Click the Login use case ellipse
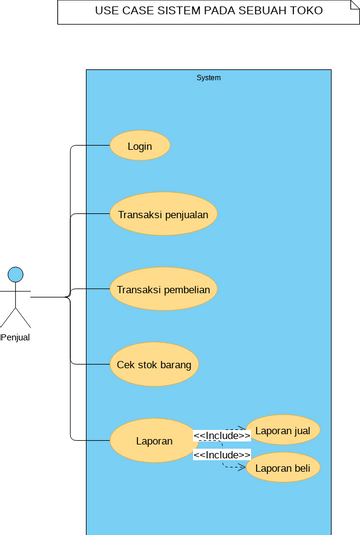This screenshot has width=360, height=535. point(140,146)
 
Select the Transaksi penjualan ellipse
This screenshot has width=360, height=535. point(163,214)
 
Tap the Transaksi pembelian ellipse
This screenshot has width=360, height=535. point(163,290)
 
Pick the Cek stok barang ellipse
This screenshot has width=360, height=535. point(154,364)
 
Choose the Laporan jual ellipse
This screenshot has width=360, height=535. point(283,431)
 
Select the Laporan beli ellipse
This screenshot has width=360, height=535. point(283,468)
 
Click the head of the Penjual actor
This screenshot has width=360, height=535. point(15,274)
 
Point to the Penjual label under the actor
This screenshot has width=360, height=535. point(15,337)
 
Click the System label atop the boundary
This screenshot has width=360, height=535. point(208,78)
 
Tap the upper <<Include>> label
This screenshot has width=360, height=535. point(221,436)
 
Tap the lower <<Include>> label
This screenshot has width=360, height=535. point(221,455)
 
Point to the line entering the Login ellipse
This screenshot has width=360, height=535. point(90,146)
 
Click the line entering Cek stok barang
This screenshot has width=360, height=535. point(90,364)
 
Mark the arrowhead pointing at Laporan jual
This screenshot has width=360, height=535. point(243,430)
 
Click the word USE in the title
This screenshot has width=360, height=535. point(102,11)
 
